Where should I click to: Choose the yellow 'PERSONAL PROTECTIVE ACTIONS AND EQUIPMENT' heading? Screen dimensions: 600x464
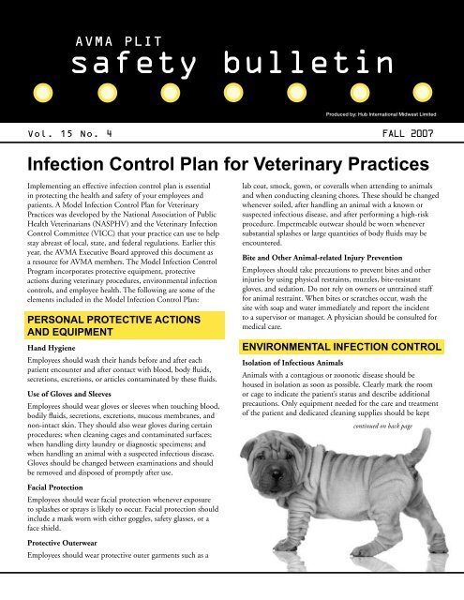(x=105, y=303)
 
